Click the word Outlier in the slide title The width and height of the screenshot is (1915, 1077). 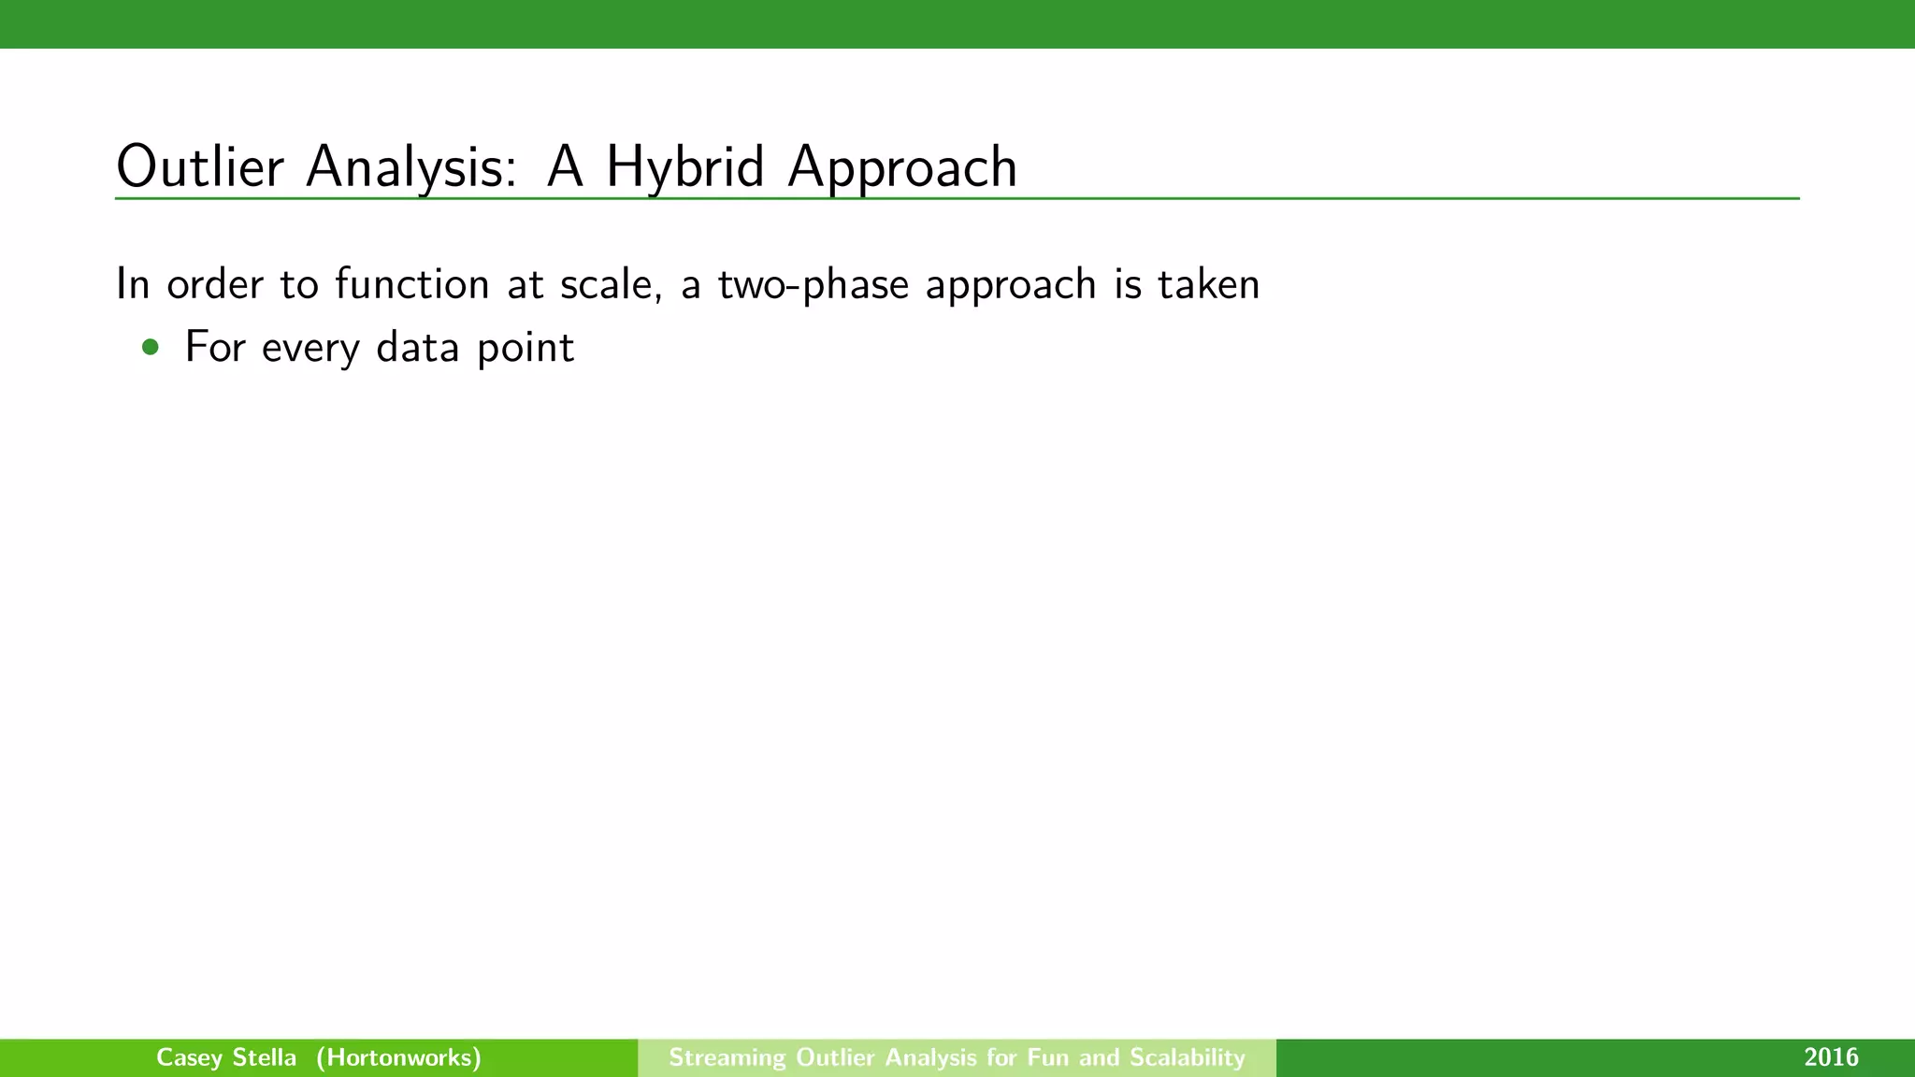coord(199,167)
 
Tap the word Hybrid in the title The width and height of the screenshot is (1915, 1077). coord(685,167)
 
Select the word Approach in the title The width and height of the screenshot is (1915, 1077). coord(902,167)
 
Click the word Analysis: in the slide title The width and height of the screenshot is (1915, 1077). coord(410,167)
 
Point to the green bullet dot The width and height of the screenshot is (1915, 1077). coord(151,348)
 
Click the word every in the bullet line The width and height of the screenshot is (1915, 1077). coord(310,348)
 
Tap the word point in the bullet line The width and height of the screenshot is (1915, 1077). coord(525,348)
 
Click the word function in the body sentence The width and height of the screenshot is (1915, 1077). coord(412,283)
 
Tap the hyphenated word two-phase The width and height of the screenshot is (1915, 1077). coord(814,283)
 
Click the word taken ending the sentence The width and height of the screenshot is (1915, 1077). coord(1209,283)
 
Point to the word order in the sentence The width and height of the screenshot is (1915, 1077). coord(215,283)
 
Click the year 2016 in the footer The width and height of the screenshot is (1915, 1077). coord(1831,1057)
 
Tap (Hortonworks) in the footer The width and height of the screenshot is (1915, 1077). coord(398,1057)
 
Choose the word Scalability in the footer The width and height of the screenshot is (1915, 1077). coord(1188,1057)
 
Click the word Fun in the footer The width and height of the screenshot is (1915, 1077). coord(1047,1057)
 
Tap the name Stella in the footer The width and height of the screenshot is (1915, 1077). coord(264,1057)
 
